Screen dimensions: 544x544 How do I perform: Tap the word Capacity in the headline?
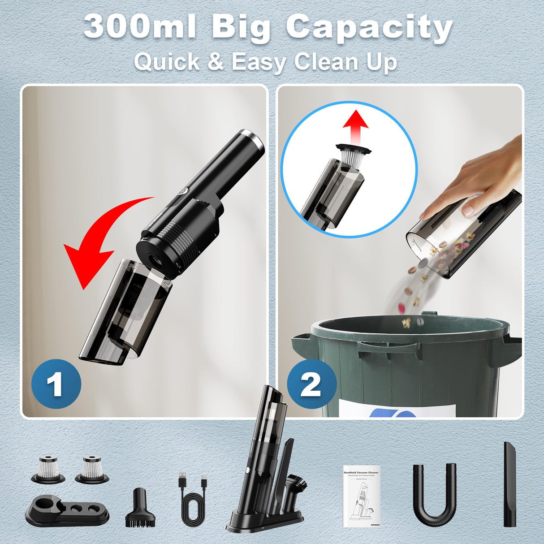(x=369, y=28)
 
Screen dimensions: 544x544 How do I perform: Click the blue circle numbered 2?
(x=311, y=384)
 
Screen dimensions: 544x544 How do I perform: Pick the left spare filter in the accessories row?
(x=48, y=469)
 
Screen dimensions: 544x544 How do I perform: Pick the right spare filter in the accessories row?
(x=92, y=469)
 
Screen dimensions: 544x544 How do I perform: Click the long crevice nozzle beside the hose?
(x=510, y=484)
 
